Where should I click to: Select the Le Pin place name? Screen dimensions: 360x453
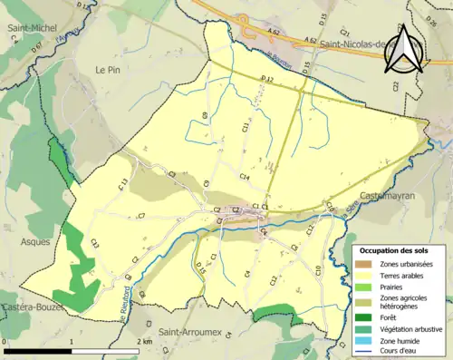107,69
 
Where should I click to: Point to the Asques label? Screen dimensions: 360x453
35,242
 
